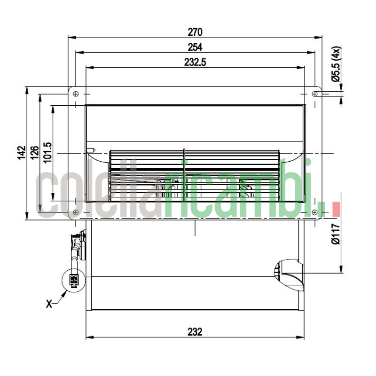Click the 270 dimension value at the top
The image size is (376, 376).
pyautogui.click(x=195, y=32)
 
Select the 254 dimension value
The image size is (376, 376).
pyautogui.click(x=195, y=47)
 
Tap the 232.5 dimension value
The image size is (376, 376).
pyautogui.click(x=195, y=62)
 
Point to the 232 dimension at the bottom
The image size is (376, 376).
pyautogui.click(x=195, y=332)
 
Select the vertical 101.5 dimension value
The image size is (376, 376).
pyautogui.click(x=48, y=153)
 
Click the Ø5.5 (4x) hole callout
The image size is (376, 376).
pyautogui.click(x=336, y=64)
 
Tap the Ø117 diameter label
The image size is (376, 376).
pyautogui.click(x=336, y=235)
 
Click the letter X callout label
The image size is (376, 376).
pyautogui.click(x=49, y=304)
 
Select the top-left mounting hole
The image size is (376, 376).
pyautogui.click(x=76, y=94)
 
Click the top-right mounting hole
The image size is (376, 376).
pyautogui.click(x=314, y=94)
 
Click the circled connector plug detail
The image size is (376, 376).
pyautogui.click(x=74, y=282)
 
